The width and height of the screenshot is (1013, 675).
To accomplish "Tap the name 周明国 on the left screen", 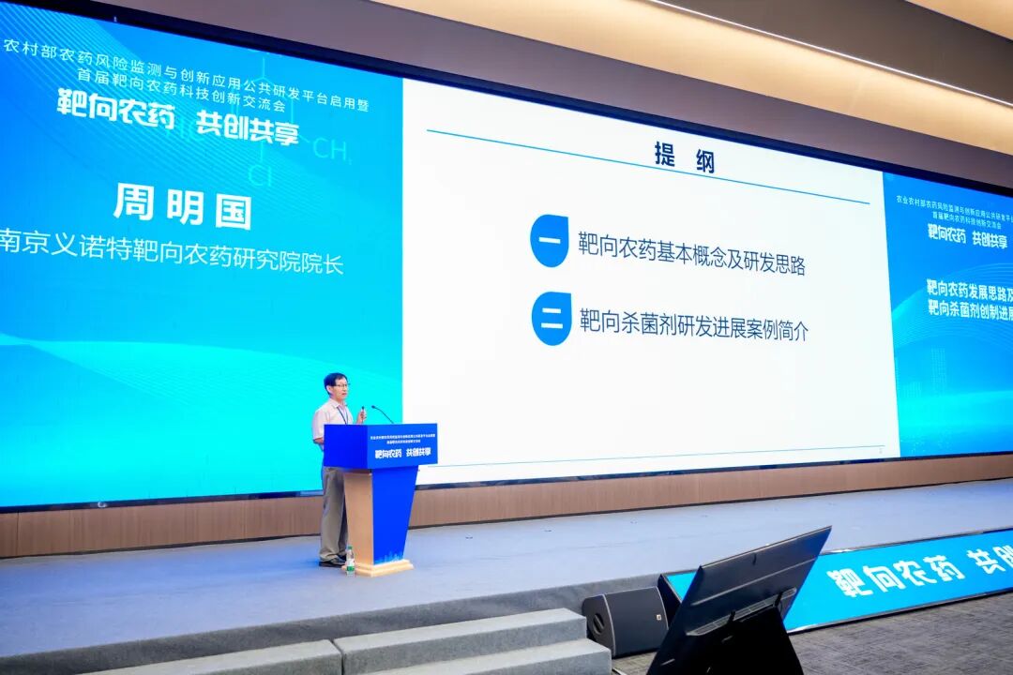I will point(182,205).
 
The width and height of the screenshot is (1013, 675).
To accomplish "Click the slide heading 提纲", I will point(684,157).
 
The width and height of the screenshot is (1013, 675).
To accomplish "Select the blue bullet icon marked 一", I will point(549,241).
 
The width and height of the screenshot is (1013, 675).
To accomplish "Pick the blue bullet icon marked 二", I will point(551,319).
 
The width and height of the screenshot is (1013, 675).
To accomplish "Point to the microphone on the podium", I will point(383,412).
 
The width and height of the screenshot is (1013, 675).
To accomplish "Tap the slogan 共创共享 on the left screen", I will point(247,127).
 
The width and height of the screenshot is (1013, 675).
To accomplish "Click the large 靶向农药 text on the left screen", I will point(114,109).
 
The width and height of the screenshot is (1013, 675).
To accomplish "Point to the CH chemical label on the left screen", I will point(330,148).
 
